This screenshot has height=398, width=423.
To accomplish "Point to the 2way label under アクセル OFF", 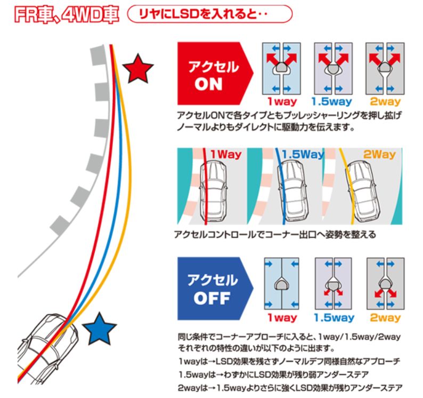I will point(386,318).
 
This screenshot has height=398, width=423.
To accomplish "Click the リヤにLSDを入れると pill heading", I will point(210,13).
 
